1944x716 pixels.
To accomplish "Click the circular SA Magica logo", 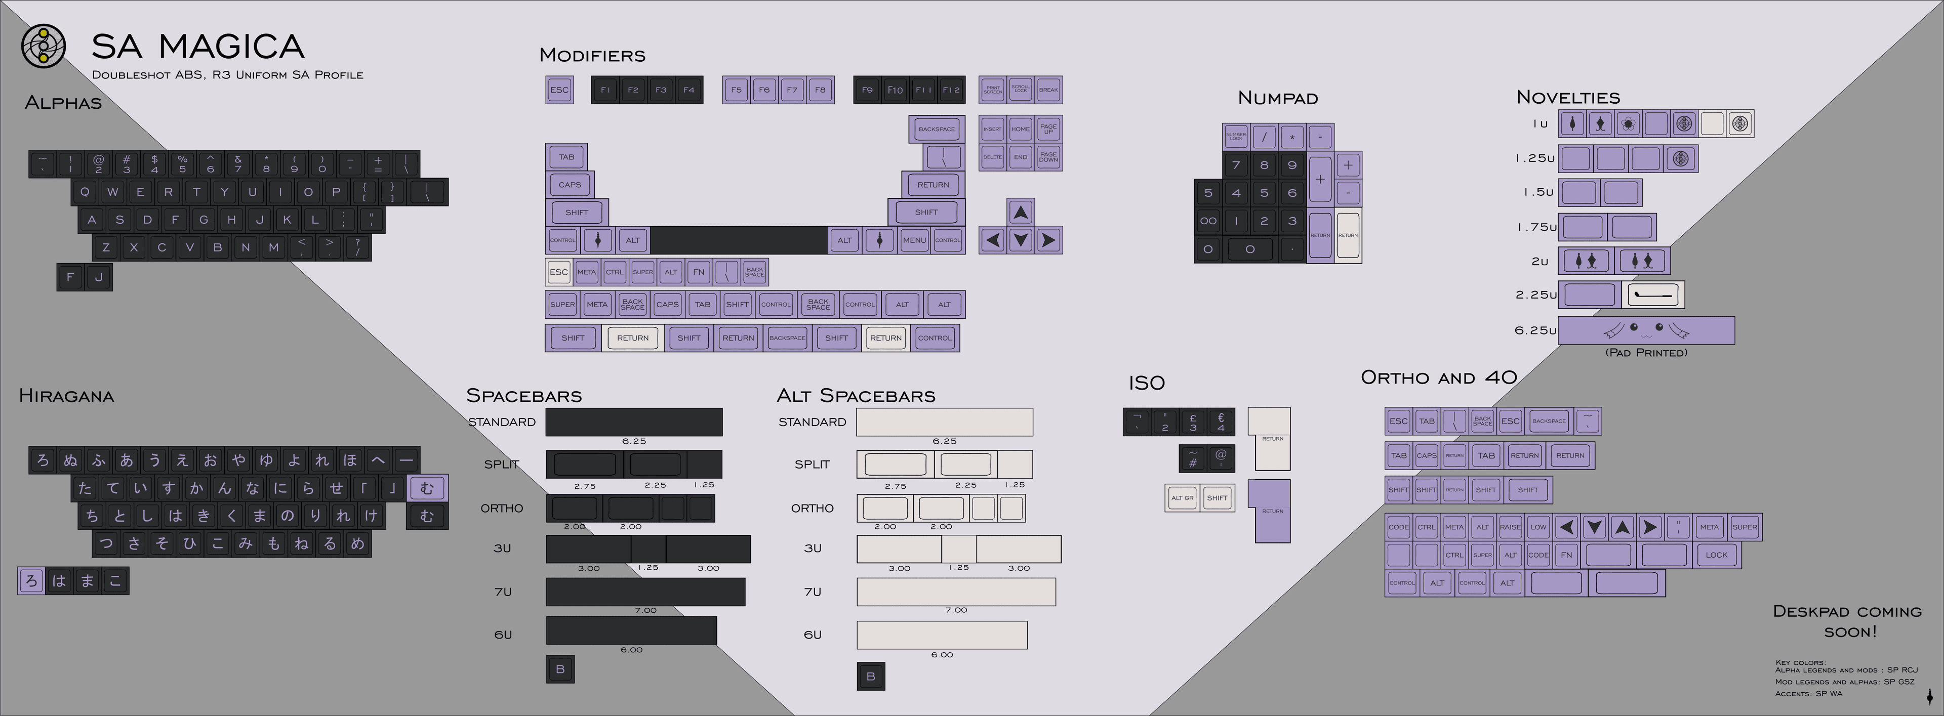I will pyautogui.click(x=43, y=46).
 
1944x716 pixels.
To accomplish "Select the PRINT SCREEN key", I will pyautogui.click(x=992, y=90).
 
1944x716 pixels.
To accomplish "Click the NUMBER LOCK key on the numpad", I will pyautogui.click(x=1235, y=137).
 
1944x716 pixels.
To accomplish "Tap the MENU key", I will pyautogui.click(x=914, y=240).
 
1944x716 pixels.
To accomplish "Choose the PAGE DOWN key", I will pyautogui.click(x=1048, y=157).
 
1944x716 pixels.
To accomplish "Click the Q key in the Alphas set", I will pyautogui.click(x=85, y=192).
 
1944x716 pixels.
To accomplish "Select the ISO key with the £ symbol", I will pyautogui.click(x=1192, y=422).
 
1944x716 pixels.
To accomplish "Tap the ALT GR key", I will pyautogui.click(x=1182, y=498).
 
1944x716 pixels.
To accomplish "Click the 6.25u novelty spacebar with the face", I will pyautogui.click(x=1646, y=330).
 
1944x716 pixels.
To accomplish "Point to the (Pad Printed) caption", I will pyautogui.click(x=1646, y=352).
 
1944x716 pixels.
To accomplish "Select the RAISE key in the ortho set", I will pyautogui.click(x=1510, y=527).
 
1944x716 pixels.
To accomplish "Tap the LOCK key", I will pyautogui.click(x=1716, y=555).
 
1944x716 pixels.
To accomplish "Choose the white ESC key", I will pyautogui.click(x=558, y=272).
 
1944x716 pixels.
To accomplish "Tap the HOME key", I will pyautogui.click(x=1020, y=129).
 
